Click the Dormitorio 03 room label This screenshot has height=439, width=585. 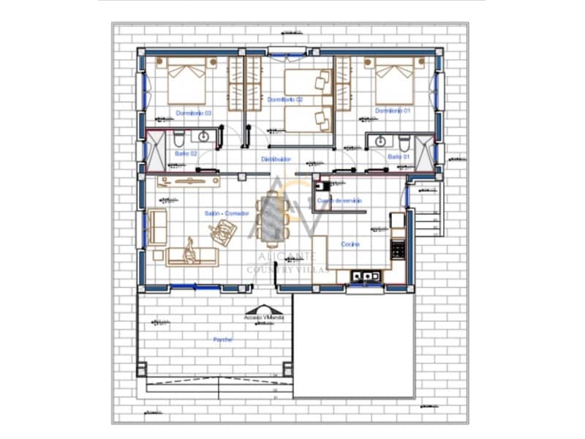(194, 113)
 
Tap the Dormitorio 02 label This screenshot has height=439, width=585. (284, 100)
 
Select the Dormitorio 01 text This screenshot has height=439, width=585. (393, 110)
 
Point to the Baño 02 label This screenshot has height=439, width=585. (186, 154)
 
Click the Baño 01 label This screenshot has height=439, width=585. (399, 157)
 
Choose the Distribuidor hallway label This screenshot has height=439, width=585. (277, 159)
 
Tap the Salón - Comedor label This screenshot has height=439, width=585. (227, 213)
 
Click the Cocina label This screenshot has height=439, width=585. (350, 244)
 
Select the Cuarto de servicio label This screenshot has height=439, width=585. (339, 200)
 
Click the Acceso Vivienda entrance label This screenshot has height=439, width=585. (264, 318)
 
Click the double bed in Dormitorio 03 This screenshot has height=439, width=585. (186, 81)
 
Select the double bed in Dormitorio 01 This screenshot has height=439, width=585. (395, 81)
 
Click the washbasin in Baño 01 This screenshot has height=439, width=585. (381, 140)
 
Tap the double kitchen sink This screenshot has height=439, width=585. (363, 276)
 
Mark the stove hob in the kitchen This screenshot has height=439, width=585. (399, 249)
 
